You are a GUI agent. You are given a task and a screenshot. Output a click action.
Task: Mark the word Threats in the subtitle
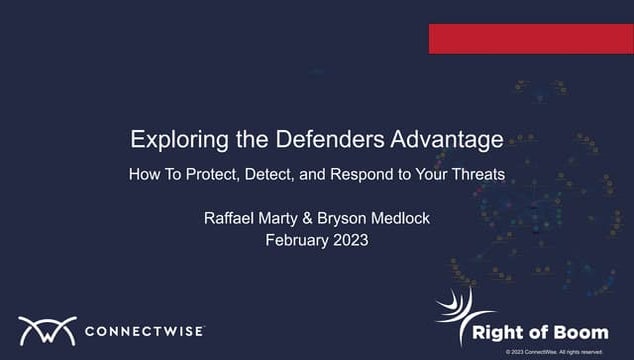477,173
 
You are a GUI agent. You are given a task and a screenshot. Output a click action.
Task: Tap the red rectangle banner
531,38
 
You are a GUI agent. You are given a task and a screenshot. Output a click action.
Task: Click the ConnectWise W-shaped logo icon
47,331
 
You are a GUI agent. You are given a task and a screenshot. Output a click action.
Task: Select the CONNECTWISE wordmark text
145,331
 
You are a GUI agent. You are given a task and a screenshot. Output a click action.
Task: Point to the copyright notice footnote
554,352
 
